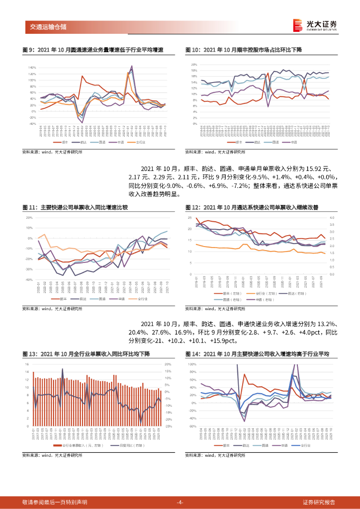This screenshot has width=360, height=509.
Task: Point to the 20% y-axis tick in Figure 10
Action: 195,65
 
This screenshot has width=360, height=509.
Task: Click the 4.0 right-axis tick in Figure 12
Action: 332,218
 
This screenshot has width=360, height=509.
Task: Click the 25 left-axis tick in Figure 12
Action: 190,218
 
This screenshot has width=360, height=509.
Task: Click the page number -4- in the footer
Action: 180,502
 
